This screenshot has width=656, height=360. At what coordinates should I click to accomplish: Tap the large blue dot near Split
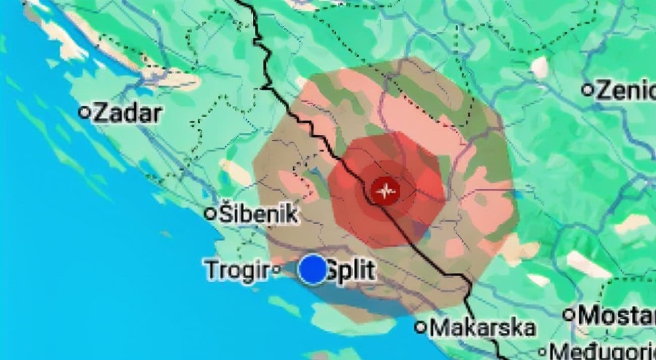coord(313,269)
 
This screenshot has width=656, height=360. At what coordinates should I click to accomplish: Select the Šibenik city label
coord(257,215)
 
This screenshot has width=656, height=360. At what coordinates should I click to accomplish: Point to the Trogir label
coord(236,270)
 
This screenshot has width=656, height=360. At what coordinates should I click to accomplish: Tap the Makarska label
coord(482,328)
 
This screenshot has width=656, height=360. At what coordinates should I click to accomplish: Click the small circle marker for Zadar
coord(84,113)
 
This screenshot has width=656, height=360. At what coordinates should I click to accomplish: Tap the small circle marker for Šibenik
coord(210,214)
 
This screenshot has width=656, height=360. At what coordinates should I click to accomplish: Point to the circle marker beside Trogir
coord(276,270)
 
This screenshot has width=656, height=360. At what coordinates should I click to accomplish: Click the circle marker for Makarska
coord(420,327)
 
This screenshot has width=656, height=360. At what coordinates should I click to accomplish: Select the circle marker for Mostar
coord(569,315)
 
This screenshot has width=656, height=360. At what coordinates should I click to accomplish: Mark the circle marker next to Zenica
coord(587,90)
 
